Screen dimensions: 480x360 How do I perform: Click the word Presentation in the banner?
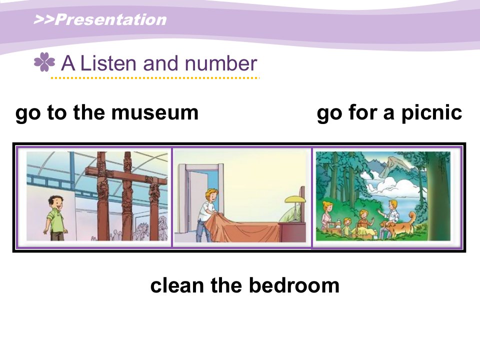pos(110,19)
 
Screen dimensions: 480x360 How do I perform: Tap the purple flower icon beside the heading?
pos(44,62)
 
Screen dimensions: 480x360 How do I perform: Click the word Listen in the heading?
pos(108,63)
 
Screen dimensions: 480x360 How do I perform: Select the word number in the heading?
pos(220,63)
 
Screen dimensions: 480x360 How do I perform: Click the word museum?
pos(155,112)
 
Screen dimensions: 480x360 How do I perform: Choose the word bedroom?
pos(294,285)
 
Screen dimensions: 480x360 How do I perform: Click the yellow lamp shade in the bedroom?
pos(295,199)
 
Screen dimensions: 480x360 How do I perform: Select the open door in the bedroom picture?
pos(199,196)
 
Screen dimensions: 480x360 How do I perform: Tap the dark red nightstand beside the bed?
pos(292,232)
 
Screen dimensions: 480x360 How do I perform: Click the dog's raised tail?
pos(412,218)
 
